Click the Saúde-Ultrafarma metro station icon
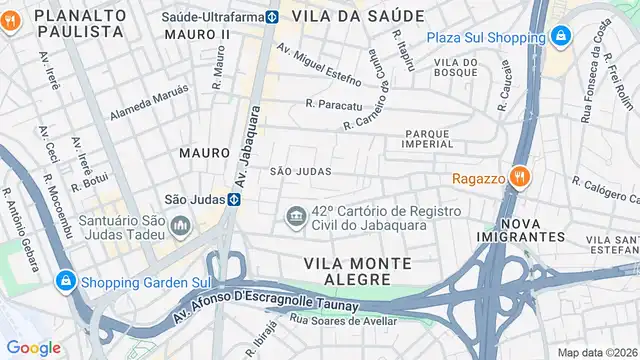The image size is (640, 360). (x=272, y=17)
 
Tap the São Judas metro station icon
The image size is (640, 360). (x=233, y=199)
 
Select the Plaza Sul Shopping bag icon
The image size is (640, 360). (x=561, y=38)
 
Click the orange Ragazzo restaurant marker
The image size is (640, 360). (x=518, y=177)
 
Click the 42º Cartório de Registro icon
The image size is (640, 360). (x=296, y=217)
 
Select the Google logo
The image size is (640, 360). (x=33, y=347)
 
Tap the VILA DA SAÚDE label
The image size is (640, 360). (x=366, y=16)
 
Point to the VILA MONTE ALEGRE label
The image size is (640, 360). (x=357, y=271)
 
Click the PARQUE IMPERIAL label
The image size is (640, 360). (x=435, y=138)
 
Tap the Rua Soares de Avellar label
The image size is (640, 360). (x=342, y=320)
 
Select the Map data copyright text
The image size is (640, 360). (x=597, y=352)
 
